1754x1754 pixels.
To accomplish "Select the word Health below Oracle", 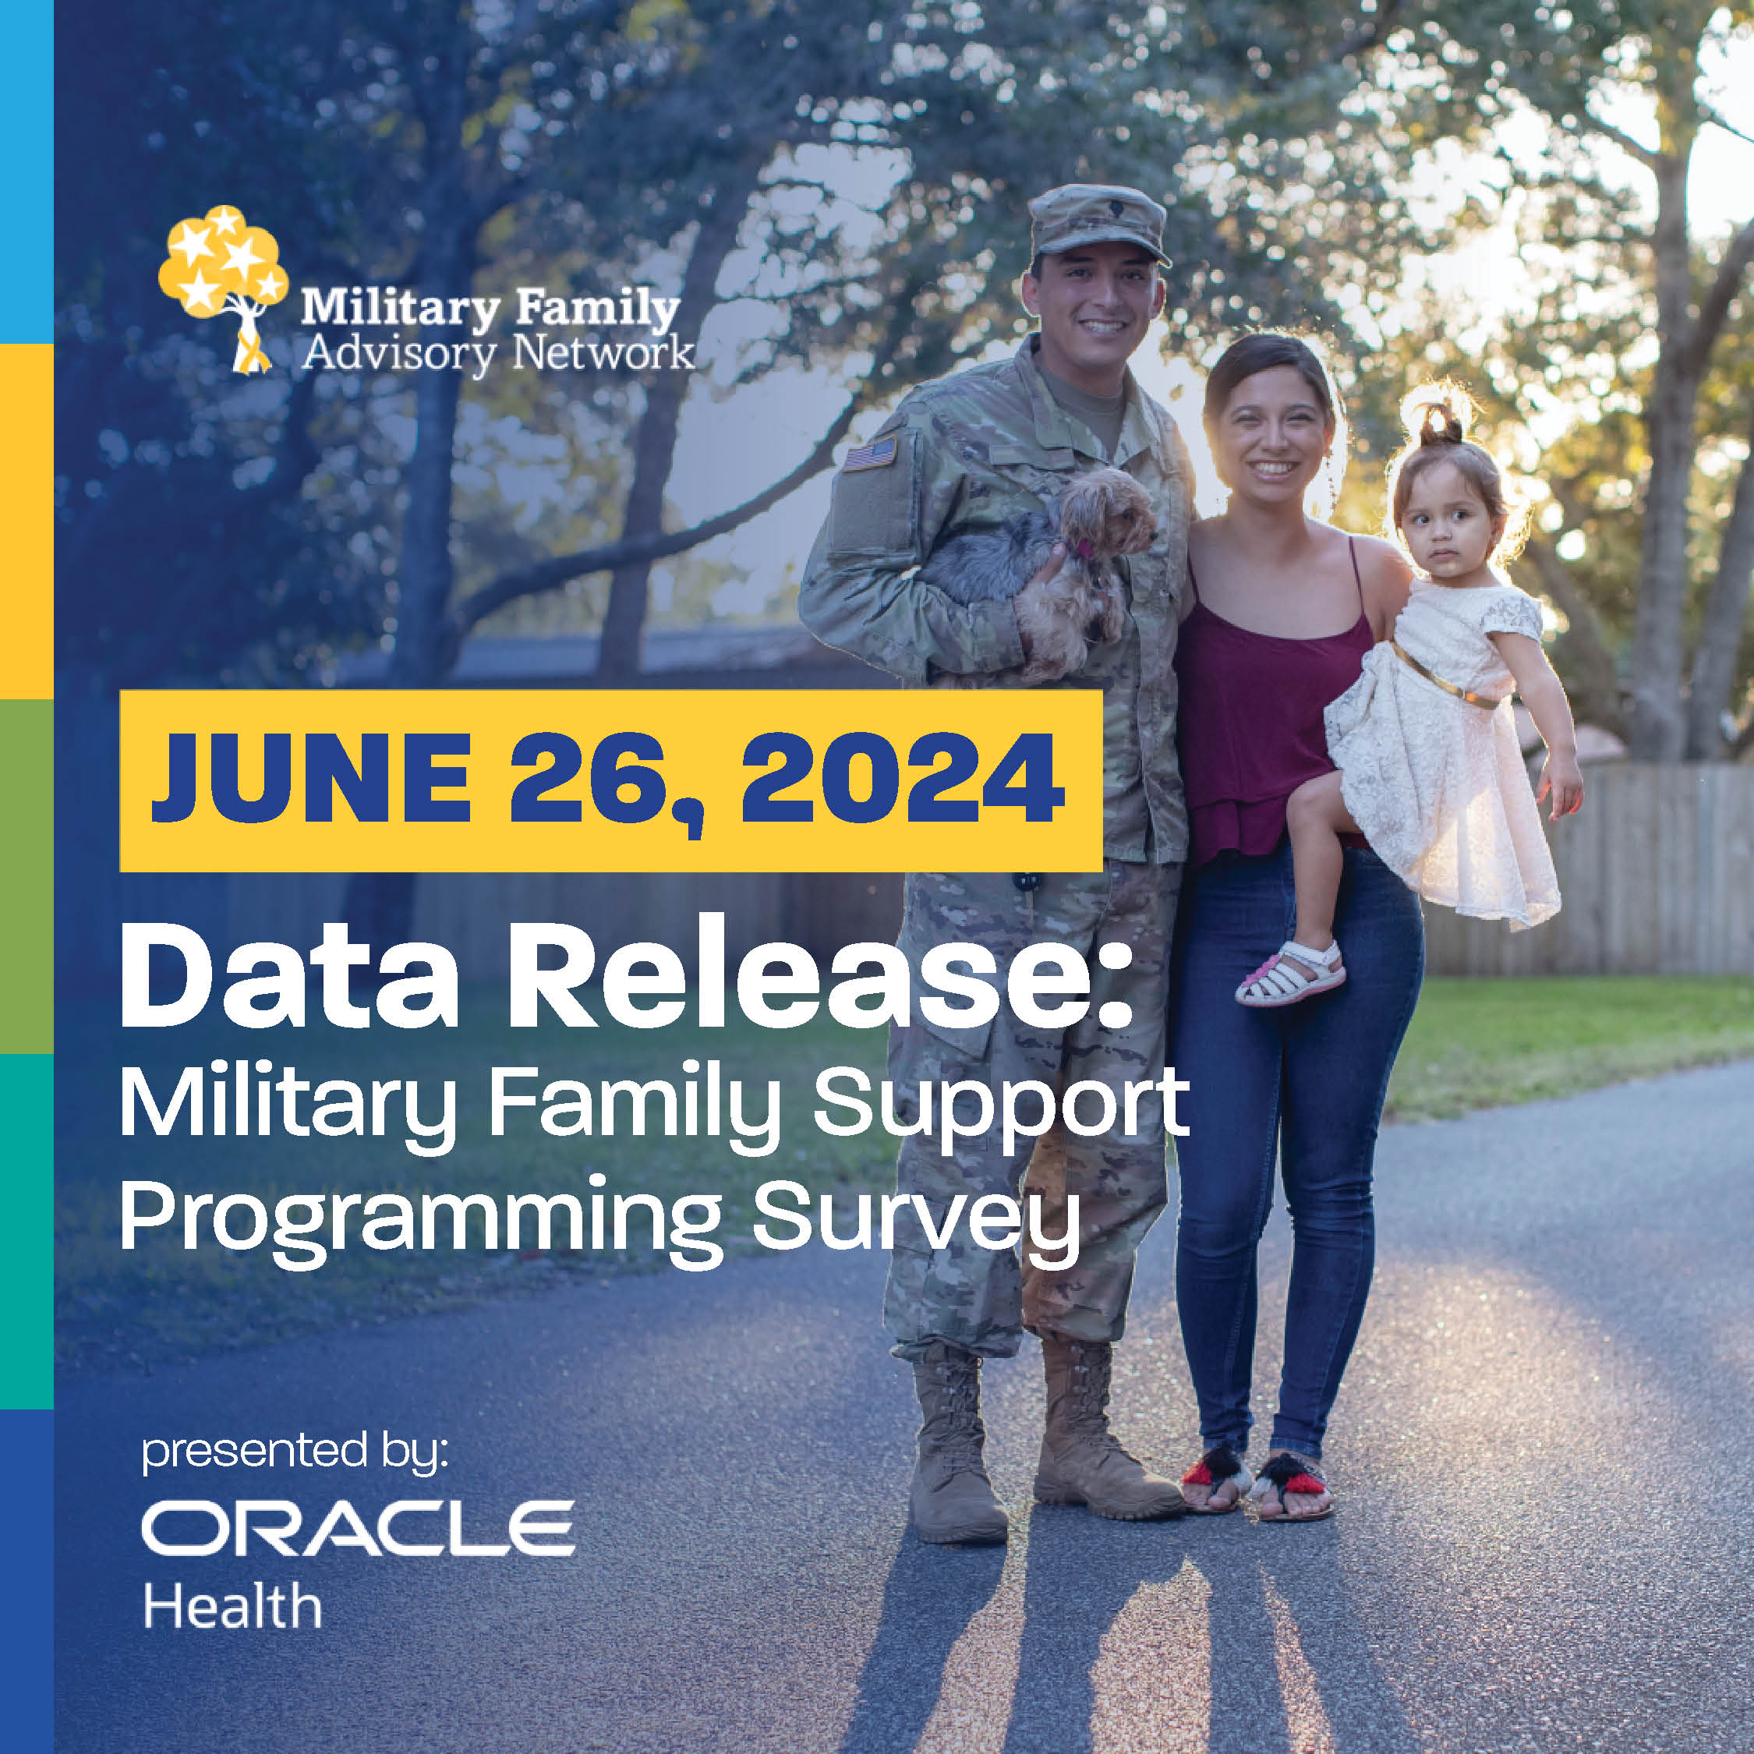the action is click(x=232, y=1607).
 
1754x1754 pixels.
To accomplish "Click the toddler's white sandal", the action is click(x=1290, y=972).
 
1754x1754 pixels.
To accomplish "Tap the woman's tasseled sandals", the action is click(x=1257, y=1482).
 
